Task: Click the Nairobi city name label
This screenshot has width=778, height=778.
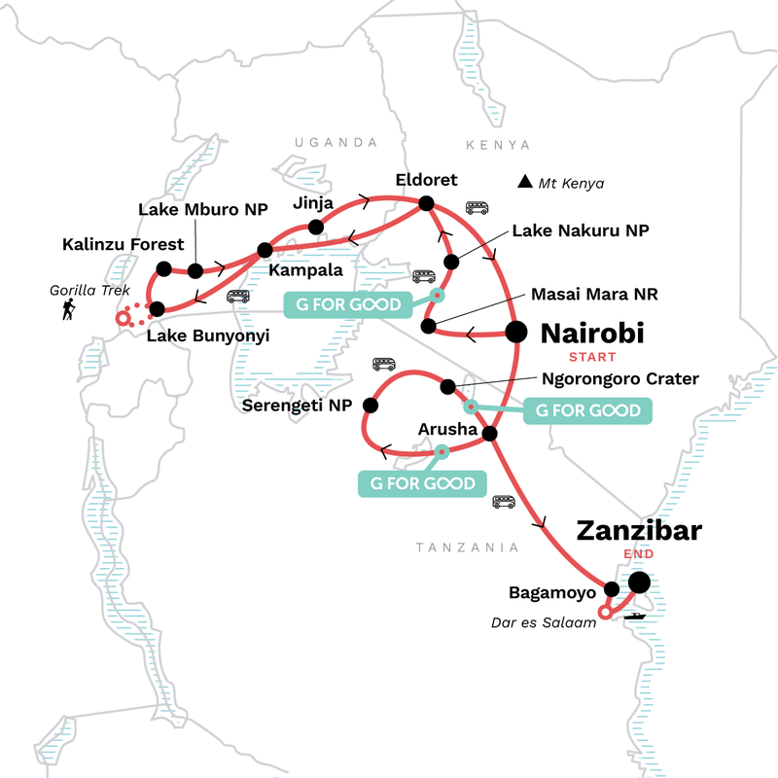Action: [592, 335]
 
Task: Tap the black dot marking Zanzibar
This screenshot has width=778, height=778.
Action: [639, 583]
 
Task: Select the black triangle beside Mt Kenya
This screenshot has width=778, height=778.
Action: [525, 181]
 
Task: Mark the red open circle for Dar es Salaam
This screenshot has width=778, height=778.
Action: [605, 612]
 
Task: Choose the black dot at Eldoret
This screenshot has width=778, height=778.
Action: [425, 203]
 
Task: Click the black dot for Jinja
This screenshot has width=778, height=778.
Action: [315, 228]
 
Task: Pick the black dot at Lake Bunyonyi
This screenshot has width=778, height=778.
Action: [157, 311]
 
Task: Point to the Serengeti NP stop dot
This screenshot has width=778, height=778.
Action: [371, 405]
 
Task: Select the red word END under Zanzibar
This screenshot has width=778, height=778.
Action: [638, 554]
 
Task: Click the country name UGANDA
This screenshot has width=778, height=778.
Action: [336, 143]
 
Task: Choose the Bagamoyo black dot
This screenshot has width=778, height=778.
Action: [612, 588]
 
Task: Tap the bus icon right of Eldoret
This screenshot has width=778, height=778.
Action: [477, 207]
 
